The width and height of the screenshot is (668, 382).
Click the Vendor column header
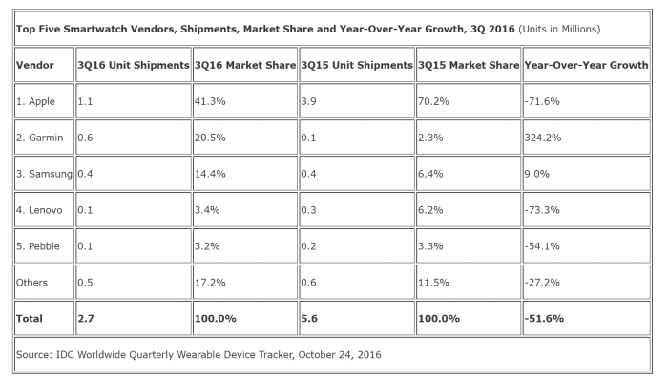(x=36, y=66)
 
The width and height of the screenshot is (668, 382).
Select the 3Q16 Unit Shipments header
(x=133, y=66)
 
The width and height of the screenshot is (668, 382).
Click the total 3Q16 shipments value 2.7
(x=86, y=316)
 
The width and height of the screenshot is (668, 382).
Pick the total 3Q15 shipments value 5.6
(x=309, y=316)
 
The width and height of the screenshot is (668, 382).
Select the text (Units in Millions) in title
(x=559, y=29)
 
